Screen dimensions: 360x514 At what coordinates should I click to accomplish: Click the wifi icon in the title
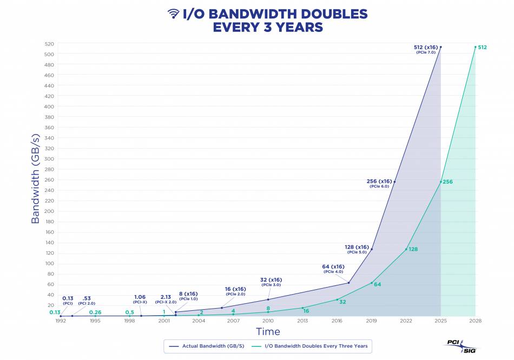174,14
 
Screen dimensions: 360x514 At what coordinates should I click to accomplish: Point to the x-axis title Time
268,331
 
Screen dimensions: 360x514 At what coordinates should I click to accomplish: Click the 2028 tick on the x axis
475,321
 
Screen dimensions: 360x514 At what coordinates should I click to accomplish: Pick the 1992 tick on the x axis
61,321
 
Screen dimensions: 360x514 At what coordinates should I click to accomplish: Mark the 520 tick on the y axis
49,44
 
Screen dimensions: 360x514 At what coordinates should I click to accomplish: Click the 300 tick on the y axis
49,159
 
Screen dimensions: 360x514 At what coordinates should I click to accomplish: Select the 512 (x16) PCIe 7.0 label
425,49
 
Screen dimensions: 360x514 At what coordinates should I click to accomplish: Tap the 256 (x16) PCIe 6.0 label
379,183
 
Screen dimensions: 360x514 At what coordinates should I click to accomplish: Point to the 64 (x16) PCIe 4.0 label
333,269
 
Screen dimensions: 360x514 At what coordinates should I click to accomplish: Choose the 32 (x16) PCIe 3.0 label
271,282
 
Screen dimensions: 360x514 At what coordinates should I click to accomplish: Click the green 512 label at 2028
482,48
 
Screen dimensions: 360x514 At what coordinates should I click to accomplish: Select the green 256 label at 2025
448,182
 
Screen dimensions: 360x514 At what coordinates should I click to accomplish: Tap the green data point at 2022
406,249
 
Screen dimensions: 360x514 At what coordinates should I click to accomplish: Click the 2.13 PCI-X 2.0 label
166,299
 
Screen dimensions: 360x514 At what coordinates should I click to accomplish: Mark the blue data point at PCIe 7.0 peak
440,47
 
